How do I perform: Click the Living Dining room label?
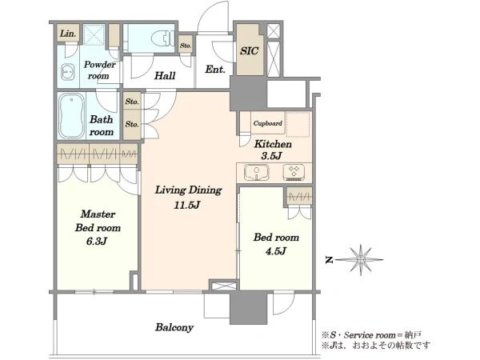(188, 190)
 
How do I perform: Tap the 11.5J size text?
(187, 205)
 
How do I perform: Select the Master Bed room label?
(98, 221)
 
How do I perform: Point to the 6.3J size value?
(97, 242)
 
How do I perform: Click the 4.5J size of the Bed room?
(276, 251)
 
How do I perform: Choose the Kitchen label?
(273, 143)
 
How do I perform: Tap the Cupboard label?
(268, 123)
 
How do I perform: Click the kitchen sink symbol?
(257, 173)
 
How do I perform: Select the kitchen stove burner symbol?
(294, 172)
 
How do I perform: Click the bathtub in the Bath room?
(72, 116)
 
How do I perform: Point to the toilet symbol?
(163, 38)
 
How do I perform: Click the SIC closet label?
(249, 51)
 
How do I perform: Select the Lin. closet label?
(68, 33)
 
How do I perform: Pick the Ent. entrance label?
(215, 69)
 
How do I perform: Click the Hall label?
(165, 75)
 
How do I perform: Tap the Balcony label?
(174, 327)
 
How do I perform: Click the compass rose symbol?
(361, 259)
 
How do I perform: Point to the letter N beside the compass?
(329, 260)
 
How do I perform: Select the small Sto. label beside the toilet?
(186, 46)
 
